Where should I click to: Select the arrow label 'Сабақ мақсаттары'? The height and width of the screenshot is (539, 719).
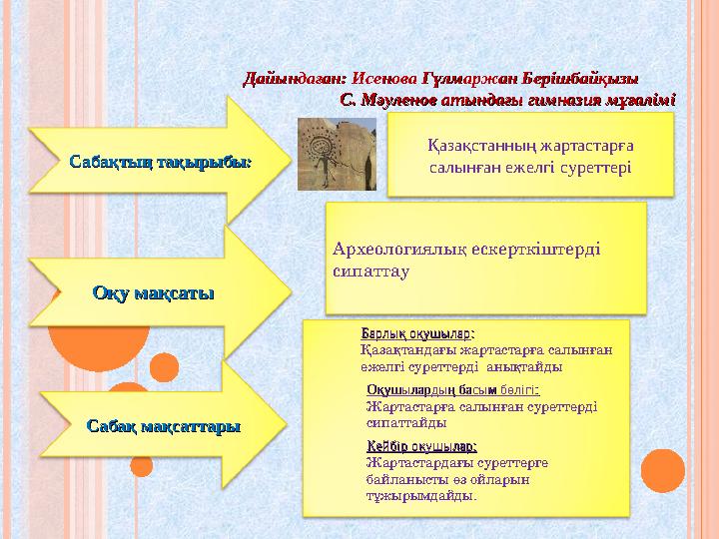(x=164, y=426)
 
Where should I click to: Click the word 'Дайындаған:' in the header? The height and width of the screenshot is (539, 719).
(x=296, y=77)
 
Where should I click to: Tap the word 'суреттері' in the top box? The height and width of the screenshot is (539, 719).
(x=593, y=167)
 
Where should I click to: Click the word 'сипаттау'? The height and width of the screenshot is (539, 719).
(x=370, y=270)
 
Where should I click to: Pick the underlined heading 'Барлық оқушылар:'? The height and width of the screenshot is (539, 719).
(x=416, y=332)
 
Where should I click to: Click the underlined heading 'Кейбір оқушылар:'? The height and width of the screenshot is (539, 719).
(x=421, y=446)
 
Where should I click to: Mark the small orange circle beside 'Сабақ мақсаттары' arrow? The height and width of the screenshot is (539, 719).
(x=142, y=465)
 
